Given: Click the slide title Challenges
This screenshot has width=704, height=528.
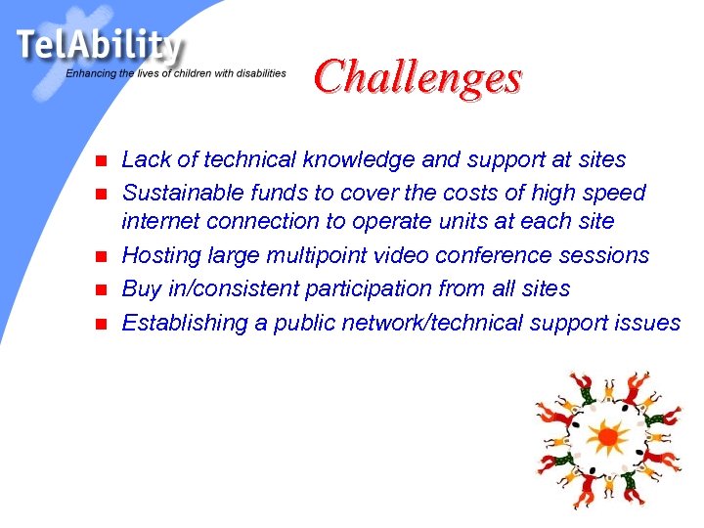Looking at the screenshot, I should tap(418, 75).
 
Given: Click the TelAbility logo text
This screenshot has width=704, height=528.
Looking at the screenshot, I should tap(99, 46).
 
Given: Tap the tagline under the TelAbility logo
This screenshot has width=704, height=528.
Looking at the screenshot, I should tap(176, 73).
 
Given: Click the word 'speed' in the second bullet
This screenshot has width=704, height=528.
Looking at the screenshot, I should tap(616, 192).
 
